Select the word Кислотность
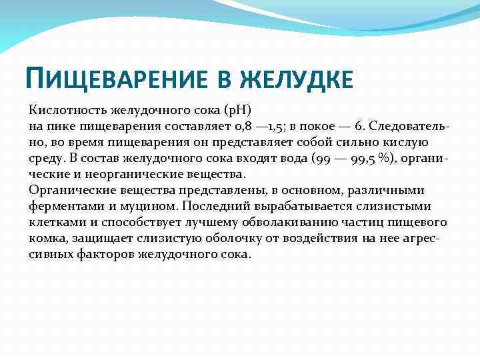tap(69, 110)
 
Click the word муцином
tap(146, 206)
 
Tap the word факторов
tap(101, 254)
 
